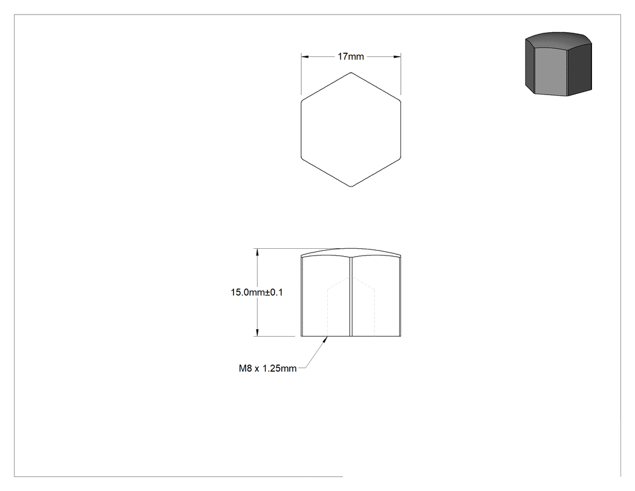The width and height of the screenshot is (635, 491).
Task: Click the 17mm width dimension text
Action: [x=351, y=56]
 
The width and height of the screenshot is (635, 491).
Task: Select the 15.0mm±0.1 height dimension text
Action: [x=257, y=292]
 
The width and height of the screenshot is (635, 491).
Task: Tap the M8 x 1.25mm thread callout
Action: [x=268, y=369]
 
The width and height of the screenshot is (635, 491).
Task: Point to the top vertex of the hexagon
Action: [x=351, y=73]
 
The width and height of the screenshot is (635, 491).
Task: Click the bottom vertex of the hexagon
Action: [x=351, y=186]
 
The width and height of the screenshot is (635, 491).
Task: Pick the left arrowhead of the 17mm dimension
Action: [x=305, y=57]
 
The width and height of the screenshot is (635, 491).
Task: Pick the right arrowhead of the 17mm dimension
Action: [x=397, y=57]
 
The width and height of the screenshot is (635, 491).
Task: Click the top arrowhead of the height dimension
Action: [x=257, y=252]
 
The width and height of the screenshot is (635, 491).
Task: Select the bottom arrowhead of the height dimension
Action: [x=257, y=332]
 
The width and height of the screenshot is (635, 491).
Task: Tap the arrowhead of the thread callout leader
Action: [x=325, y=340]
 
